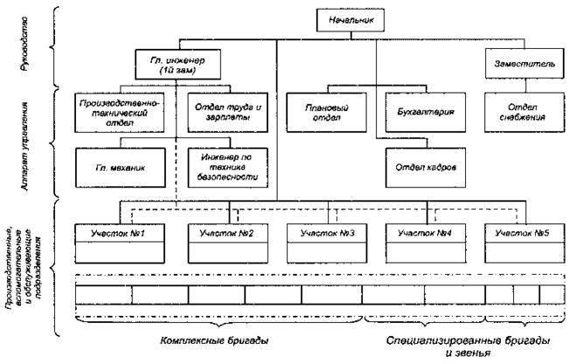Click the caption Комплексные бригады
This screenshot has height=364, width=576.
(x=216, y=337)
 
